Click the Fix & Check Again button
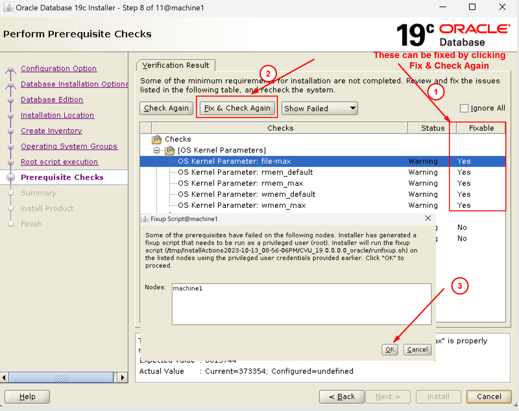237,108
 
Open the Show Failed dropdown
319,108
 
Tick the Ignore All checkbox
464,108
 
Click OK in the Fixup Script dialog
390,350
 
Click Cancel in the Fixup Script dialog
417,350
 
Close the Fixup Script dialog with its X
428,218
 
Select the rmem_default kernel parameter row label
245,172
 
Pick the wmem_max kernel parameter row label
242,205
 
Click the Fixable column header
481,128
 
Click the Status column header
432,128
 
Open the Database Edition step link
52,100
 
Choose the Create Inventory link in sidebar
51,131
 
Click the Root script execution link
59,162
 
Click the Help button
27,396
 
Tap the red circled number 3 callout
460,286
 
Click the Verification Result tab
175,65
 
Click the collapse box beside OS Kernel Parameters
157,150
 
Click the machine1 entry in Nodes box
188,288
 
